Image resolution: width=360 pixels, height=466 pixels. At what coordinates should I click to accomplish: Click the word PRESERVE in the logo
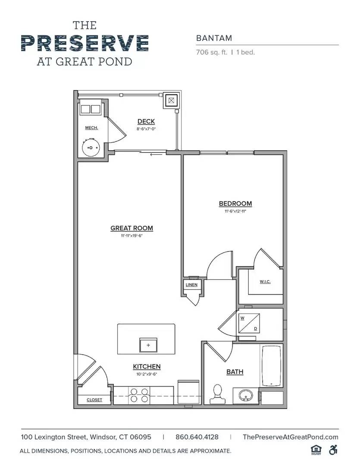tap(85, 43)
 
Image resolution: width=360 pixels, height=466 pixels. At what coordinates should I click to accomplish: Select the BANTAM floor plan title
tap(214, 38)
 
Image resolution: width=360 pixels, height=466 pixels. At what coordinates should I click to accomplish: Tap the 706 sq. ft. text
tap(211, 52)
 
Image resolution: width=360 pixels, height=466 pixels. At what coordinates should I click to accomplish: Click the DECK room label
tap(146, 121)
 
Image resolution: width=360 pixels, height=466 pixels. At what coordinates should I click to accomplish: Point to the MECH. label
tap(91, 128)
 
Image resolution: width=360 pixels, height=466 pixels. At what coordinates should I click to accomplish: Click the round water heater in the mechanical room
tap(91, 148)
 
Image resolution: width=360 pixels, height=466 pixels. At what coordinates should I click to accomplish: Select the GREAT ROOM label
tap(131, 228)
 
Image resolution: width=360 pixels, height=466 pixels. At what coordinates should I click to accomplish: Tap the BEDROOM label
tap(235, 204)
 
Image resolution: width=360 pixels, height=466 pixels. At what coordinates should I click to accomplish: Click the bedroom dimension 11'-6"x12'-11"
tap(235, 211)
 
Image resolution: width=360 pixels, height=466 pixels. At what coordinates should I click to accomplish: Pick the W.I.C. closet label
tap(265, 282)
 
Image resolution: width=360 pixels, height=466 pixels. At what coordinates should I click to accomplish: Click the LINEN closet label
tap(191, 285)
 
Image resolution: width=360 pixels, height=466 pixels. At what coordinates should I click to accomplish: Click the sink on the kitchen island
tap(148, 345)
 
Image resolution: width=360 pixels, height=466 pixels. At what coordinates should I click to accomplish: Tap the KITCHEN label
tap(147, 367)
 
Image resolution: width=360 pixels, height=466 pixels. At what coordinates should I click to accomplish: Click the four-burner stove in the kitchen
tap(140, 395)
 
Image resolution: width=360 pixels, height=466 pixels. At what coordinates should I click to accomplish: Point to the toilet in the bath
tap(218, 394)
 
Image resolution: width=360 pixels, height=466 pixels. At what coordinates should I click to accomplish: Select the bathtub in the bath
tap(272, 365)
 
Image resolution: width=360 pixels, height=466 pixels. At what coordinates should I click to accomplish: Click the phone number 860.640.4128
tap(197, 437)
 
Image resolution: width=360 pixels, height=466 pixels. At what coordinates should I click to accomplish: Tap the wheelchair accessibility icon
tap(333, 450)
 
